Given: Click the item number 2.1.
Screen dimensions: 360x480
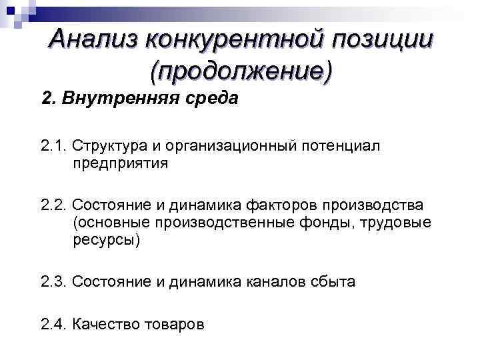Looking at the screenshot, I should (53, 145).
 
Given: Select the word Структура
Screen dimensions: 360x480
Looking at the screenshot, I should (107, 146).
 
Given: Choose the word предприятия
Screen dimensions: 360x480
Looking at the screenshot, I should (121, 163).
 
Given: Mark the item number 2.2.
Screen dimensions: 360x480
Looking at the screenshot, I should (53, 203).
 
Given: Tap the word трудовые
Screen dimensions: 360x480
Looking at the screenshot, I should (397, 221).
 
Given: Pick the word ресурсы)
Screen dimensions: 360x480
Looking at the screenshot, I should (106, 239).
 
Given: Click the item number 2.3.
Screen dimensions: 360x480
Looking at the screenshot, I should (53, 282).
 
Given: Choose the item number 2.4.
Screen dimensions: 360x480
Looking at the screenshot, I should (53, 325).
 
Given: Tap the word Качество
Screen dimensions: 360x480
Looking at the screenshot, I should (105, 325).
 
